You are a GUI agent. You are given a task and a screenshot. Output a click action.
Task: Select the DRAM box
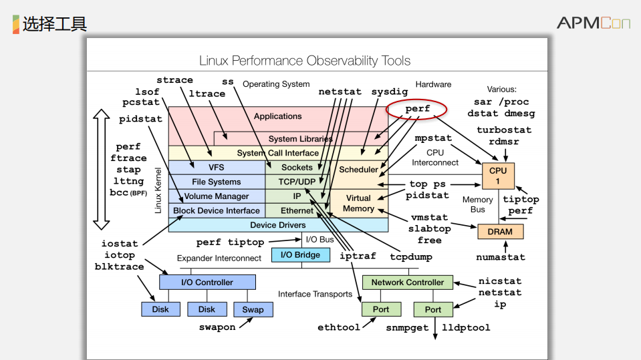(500, 232)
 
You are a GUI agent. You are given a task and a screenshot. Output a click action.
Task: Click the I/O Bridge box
(300, 254)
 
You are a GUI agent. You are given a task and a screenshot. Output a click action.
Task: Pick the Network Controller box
(407, 282)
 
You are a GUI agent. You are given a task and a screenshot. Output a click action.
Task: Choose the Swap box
(253, 309)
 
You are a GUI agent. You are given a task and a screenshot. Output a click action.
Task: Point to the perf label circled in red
(418, 108)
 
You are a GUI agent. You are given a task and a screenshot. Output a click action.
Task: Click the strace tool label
(174, 80)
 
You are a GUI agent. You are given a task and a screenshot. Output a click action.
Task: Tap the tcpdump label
(411, 256)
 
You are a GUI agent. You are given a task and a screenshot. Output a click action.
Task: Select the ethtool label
(338, 327)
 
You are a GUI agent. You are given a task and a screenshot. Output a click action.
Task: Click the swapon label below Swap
(217, 327)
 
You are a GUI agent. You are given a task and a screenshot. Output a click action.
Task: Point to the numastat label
(501, 256)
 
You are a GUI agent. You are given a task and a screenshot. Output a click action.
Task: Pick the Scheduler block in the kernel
(358, 169)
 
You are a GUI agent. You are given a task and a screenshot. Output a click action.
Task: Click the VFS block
(216, 168)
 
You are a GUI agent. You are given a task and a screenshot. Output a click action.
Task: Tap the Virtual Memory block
(358, 203)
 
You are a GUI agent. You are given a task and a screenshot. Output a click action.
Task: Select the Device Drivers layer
(277, 225)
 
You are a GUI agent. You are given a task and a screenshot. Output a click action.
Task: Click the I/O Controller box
(207, 282)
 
